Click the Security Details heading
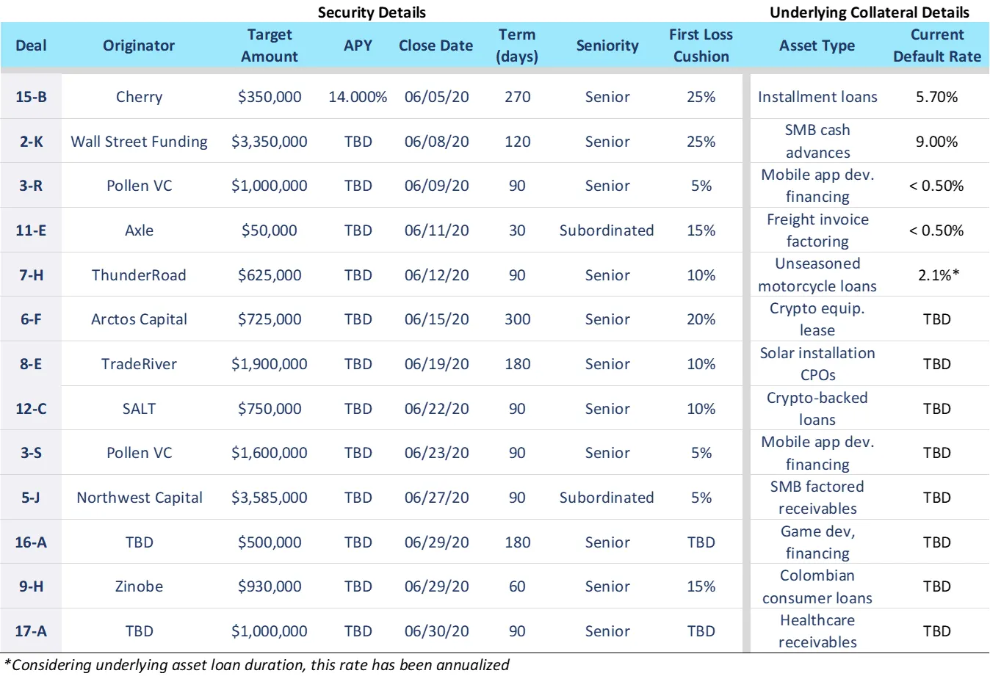click(372, 12)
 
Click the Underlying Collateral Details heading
click(869, 12)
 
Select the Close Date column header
click(436, 46)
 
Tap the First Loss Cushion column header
click(701, 46)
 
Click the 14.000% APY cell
click(358, 97)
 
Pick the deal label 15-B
click(31, 97)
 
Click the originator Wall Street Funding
click(139, 142)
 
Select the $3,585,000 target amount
click(269, 498)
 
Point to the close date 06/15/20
click(436, 319)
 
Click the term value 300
click(517, 319)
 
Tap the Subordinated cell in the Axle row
click(607, 230)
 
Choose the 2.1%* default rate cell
click(938, 275)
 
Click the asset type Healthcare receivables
click(817, 631)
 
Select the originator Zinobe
click(139, 586)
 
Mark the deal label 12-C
click(31, 409)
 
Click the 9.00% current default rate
click(936, 142)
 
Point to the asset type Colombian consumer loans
click(817, 586)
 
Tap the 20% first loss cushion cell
click(701, 319)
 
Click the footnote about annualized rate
click(257, 665)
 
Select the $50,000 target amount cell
click(269, 230)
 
